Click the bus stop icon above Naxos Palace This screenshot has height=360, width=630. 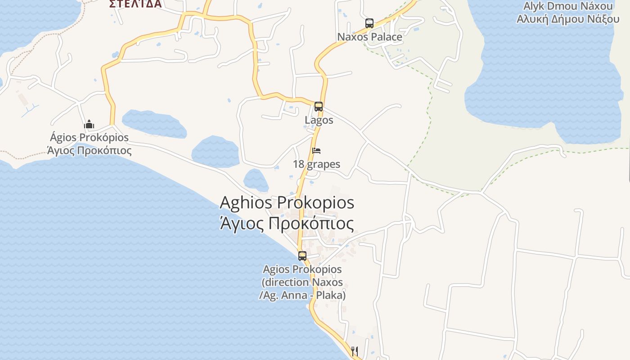(369, 23)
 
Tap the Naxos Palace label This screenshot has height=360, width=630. (369, 37)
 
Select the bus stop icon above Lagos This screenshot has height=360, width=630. (319, 107)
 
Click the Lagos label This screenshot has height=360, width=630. (319, 120)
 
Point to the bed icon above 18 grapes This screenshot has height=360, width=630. (316, 150)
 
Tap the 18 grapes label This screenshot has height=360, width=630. (316, 164)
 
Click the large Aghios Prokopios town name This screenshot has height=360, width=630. (287, 202)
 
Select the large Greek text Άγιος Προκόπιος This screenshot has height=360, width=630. (287, 223)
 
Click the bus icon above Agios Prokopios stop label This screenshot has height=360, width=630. (302, 256)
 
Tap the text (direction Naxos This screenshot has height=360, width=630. (302, 283)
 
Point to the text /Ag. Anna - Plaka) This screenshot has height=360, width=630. (302, 295)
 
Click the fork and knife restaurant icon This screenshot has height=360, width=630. (355, 351)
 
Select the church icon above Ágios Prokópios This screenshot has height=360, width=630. (89, 124)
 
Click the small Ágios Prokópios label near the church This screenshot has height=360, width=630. (89, 137)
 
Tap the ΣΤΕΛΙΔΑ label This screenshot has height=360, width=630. (135, 4)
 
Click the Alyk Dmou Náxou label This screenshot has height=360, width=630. (568, 6)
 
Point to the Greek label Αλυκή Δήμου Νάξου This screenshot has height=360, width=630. (568, 19)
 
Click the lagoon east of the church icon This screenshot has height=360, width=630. (154, 124)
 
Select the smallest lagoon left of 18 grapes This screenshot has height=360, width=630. (256, 180)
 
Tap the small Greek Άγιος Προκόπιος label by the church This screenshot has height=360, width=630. (89, 150)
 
